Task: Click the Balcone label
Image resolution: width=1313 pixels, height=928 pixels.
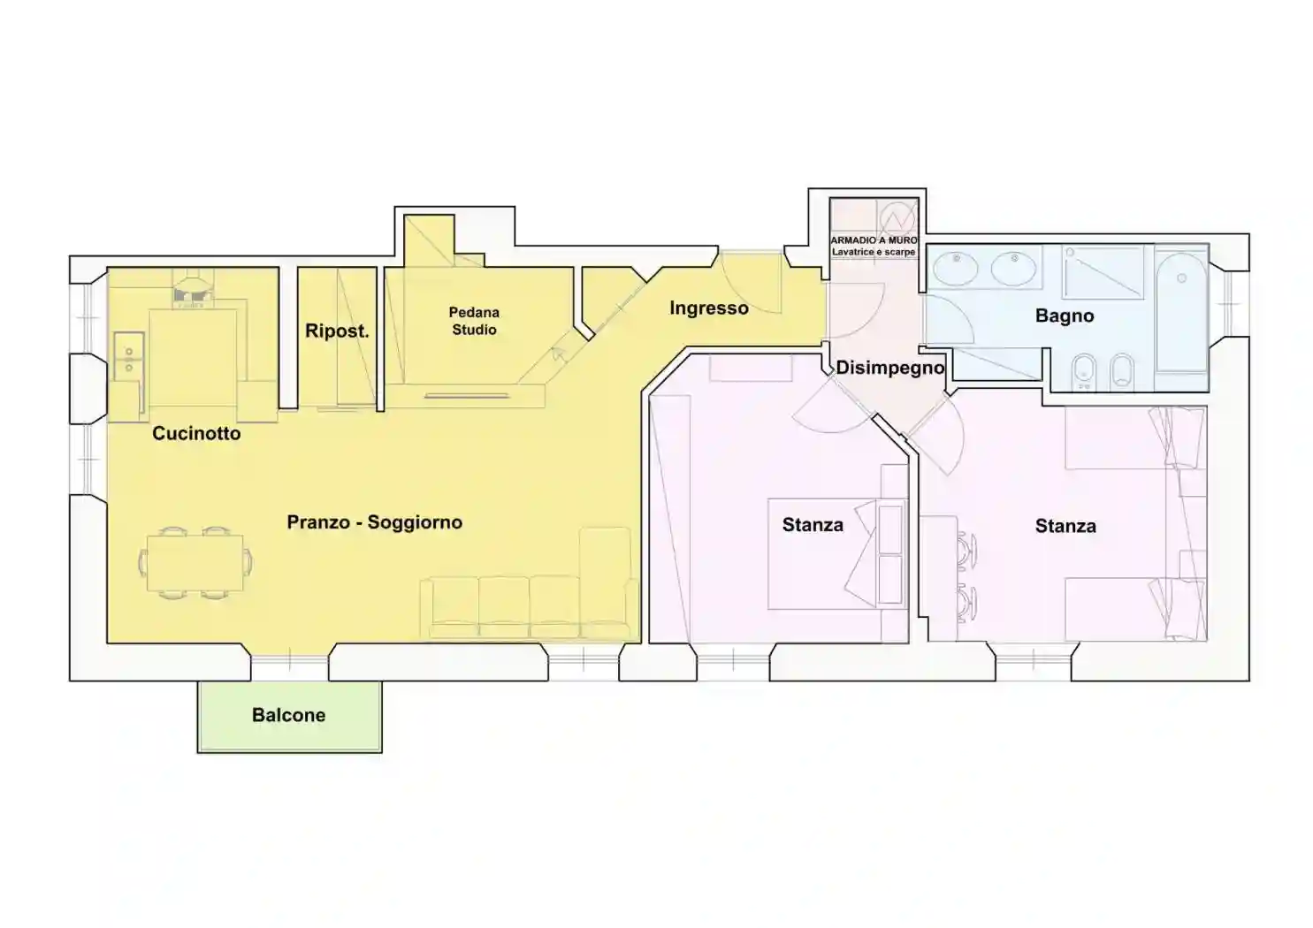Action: point(288,715)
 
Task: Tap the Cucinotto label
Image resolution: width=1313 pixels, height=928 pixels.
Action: point(196,434)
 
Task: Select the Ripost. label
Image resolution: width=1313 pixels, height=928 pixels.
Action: point(337,331)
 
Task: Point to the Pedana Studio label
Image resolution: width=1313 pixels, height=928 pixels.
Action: point(474,321)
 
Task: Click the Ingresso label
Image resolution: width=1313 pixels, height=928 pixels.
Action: point(709,308)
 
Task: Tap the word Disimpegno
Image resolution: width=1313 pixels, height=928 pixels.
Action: point(889,368)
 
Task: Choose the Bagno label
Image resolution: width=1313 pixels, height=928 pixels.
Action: point(1065,316)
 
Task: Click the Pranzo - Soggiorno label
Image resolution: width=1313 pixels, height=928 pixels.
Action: point(375,522)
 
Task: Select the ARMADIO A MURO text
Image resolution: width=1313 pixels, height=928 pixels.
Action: point(874,240)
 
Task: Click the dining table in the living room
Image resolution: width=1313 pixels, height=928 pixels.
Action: point(195,563)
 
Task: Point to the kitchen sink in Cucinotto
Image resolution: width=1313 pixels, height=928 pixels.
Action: point(129,357)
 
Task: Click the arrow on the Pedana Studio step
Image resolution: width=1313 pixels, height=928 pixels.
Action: point(558,354)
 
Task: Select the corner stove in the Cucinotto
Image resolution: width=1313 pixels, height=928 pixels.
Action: point(192,290)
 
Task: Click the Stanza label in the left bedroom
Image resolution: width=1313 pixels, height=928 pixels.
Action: point(813,525)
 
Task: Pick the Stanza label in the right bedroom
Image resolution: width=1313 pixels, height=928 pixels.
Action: point(1065,526)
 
